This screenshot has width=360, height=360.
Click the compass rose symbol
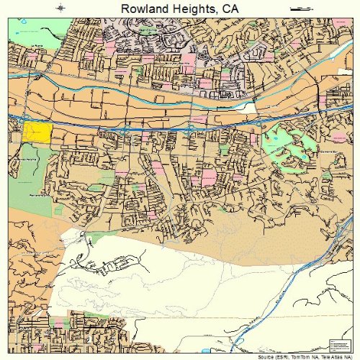tap(60, 8)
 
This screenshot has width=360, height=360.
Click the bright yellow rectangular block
tap(37, 132)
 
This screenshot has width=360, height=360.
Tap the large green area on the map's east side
tap(288, 148)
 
